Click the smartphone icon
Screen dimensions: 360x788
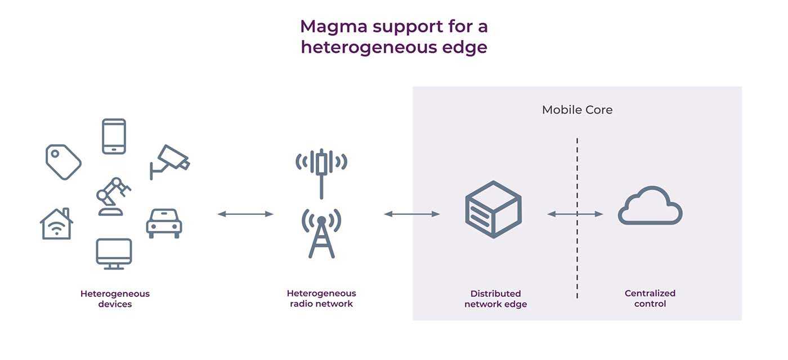(x=114, y=136)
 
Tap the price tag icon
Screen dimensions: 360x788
(x=63, y=162)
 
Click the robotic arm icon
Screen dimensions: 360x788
(x=113, y=196)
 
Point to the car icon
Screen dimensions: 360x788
(x=164, y=223)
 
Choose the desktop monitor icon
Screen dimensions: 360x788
(x=114, y=254)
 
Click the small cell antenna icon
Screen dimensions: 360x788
(x=321, y=168)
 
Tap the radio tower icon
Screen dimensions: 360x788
(x=321, y=233)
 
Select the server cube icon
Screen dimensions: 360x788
(x=493, y=209)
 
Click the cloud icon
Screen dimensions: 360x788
(x=650, y=206)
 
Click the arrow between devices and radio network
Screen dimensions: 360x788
(x=245, y=214)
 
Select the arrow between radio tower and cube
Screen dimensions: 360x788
(x=411, y=214)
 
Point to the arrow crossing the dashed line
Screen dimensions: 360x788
(x=575, y=214)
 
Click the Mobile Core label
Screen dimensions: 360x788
(x=577, y=110)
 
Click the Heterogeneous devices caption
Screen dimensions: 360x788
(x=115, y=299)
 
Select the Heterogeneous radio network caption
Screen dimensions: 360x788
(x=321, y=299)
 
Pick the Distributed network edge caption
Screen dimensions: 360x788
(x=495, y=299)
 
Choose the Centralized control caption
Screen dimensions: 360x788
(x=650, y=299)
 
